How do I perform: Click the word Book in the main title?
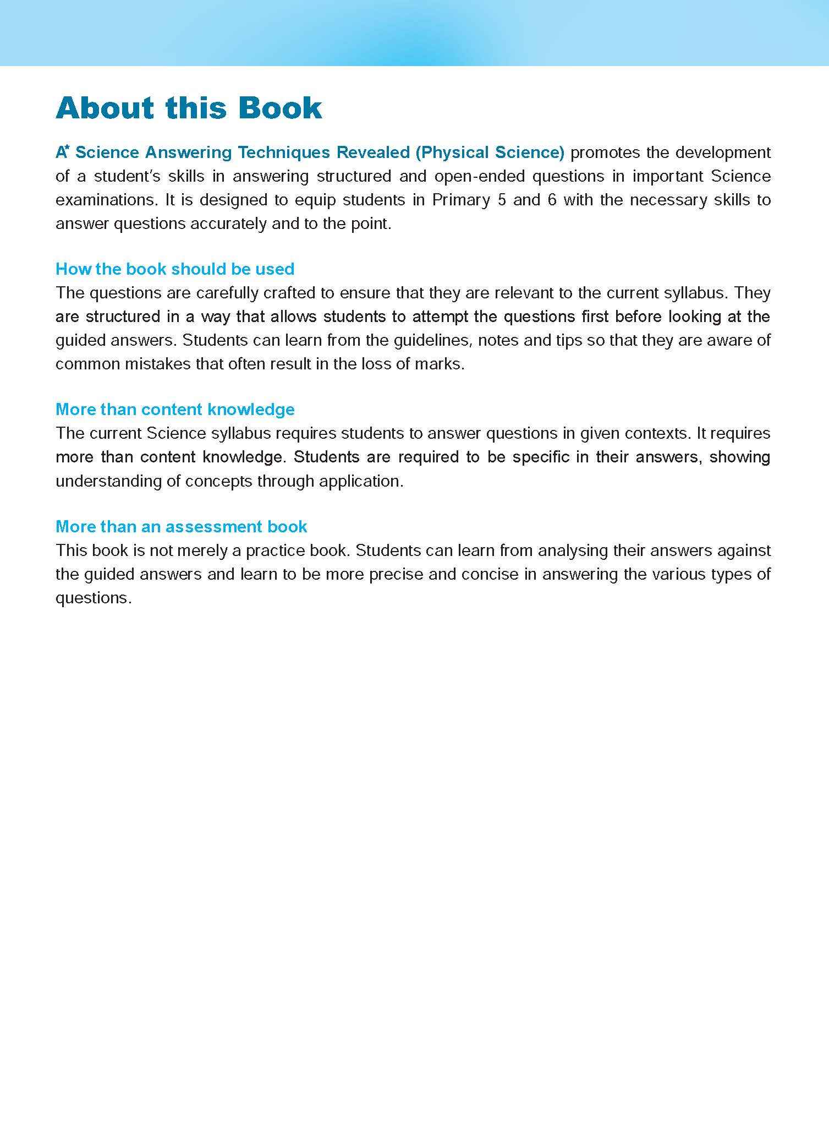pyautogui.click(x=280, y=108)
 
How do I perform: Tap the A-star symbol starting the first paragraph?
pyautogui.click(x=62, y=152)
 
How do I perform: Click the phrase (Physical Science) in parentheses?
pyautogui.click(x=490, y=152)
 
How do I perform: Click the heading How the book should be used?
pyautogui.click(x=175, y=269)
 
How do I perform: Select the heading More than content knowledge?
pyautogui.click(x=175, y=410)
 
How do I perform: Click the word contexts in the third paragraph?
pyautogui.click(x=657, y=433)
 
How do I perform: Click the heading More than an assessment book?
pyautogui.click(x=181, y=527)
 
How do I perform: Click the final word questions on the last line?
pyautogui.click(x=92, y=598)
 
